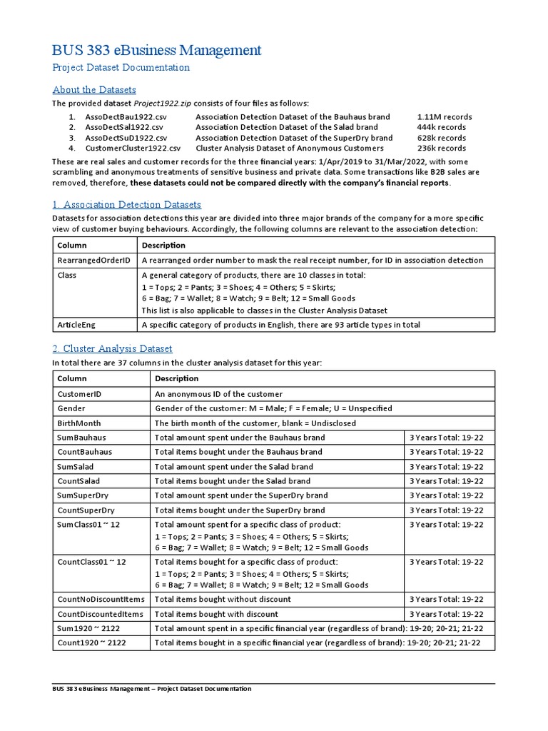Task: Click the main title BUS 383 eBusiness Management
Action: coord(157,50)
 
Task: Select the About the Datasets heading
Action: coord(94,90)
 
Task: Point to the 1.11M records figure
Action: coord(444,116)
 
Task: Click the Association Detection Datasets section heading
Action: coord(127,205)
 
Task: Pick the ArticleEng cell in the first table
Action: coord(77,325)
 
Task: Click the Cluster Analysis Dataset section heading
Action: coord(112,349)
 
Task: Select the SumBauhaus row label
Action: coord(81,437)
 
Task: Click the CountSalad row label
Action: coord(79,481)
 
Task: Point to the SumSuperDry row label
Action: coord(85,495)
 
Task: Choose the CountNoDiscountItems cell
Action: coord(101,599)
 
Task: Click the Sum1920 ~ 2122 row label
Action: coord(91,628)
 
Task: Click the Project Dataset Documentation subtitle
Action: coord(121,68)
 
